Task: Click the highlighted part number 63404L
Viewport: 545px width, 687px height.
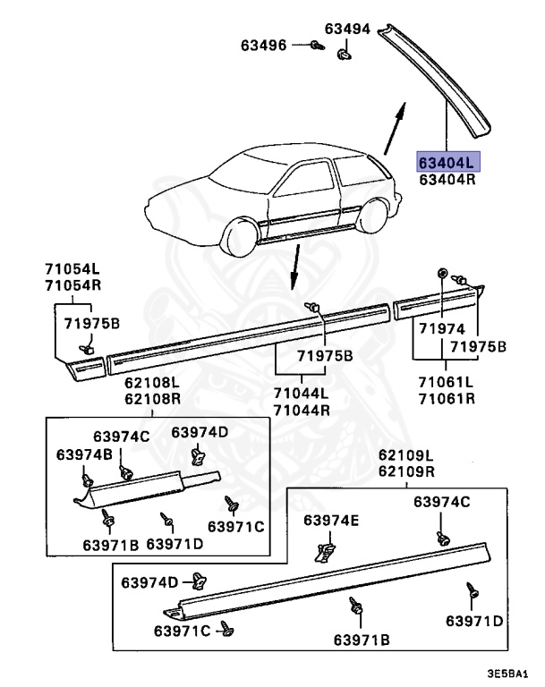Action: pos(447,162)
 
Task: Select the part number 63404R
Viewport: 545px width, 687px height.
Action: pos(447,180)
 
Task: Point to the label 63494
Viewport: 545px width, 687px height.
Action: pos(347,29)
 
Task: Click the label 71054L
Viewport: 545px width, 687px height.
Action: pos(72,268)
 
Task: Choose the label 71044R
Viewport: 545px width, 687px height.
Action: pos(301,410)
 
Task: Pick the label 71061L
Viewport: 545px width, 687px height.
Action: pos(445,383)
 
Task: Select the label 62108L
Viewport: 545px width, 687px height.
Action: pos(153,382)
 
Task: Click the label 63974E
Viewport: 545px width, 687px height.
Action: pos(330,521)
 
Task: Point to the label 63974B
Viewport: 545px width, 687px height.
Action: pos(83,454)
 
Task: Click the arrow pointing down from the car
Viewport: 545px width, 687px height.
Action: pos(293,267)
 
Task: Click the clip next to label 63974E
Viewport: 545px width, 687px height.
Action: pos(327,548)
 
